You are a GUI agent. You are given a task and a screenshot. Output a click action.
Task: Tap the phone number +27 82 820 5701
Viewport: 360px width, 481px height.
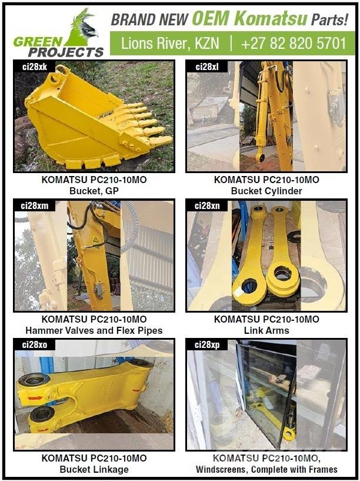pos(293,43)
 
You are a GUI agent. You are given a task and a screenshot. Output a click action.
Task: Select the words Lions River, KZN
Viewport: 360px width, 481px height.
pos(170,43)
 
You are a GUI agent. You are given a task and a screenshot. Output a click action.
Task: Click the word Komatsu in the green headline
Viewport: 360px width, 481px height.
pos(271,18)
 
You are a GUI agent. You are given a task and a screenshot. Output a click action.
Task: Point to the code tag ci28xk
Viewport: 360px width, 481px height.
pos(35,67)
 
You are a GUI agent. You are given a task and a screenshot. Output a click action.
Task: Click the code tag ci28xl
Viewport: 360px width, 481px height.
pos(207,67)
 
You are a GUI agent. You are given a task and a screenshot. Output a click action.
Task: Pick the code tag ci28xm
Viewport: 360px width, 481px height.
pos(35,205)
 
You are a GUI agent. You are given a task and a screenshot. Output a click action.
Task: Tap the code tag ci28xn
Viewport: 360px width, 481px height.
pos(207,205)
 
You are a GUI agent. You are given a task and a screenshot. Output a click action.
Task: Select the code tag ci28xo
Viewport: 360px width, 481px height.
pos(35,344)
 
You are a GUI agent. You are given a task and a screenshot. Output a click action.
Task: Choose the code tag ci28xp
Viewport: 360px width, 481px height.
pos(207,345)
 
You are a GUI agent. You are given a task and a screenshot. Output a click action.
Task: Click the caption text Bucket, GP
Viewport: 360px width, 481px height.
pos(94,191)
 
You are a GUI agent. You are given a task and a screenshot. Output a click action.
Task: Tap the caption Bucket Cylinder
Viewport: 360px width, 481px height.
pos(266,191)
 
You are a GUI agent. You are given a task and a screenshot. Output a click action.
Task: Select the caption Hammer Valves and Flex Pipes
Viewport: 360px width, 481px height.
pos(94,330)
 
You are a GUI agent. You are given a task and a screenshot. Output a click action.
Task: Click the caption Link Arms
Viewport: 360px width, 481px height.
pos(266,330)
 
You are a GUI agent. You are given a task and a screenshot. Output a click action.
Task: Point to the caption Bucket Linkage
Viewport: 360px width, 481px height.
pos(94,469)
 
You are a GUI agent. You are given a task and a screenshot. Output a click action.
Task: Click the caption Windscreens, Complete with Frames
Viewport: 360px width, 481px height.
pos(266,469)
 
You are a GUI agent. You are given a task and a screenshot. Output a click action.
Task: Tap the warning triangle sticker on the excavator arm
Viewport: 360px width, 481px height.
pos(96,240)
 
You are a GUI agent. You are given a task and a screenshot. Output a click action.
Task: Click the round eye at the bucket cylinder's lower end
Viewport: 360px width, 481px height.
pos(261,158)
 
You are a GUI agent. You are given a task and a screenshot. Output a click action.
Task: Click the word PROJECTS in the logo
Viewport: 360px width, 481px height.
pos(66,52)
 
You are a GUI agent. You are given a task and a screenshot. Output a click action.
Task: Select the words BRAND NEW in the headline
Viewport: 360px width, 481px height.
pos(149,19)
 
